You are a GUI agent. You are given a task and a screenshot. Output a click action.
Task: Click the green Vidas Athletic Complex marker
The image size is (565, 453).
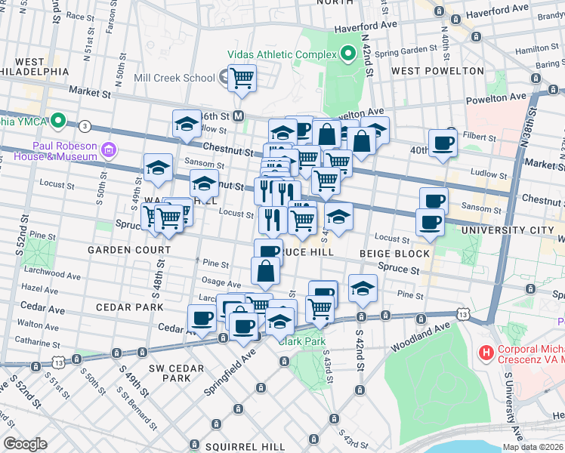(x=347, y=54)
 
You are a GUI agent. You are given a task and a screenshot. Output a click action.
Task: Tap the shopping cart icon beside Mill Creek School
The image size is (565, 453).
(x=242, y=78)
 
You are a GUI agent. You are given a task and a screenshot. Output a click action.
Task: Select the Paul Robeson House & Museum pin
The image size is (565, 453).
(x=110, y=149)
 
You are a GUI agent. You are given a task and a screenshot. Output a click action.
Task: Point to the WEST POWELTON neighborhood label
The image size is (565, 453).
(x=437, y=71)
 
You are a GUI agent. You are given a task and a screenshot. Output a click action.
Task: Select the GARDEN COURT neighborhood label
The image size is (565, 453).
(x=128, y=250)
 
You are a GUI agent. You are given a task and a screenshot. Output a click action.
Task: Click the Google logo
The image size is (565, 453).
(x=25, y=444)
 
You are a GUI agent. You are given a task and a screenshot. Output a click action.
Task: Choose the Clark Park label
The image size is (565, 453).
(x=301, y=341)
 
